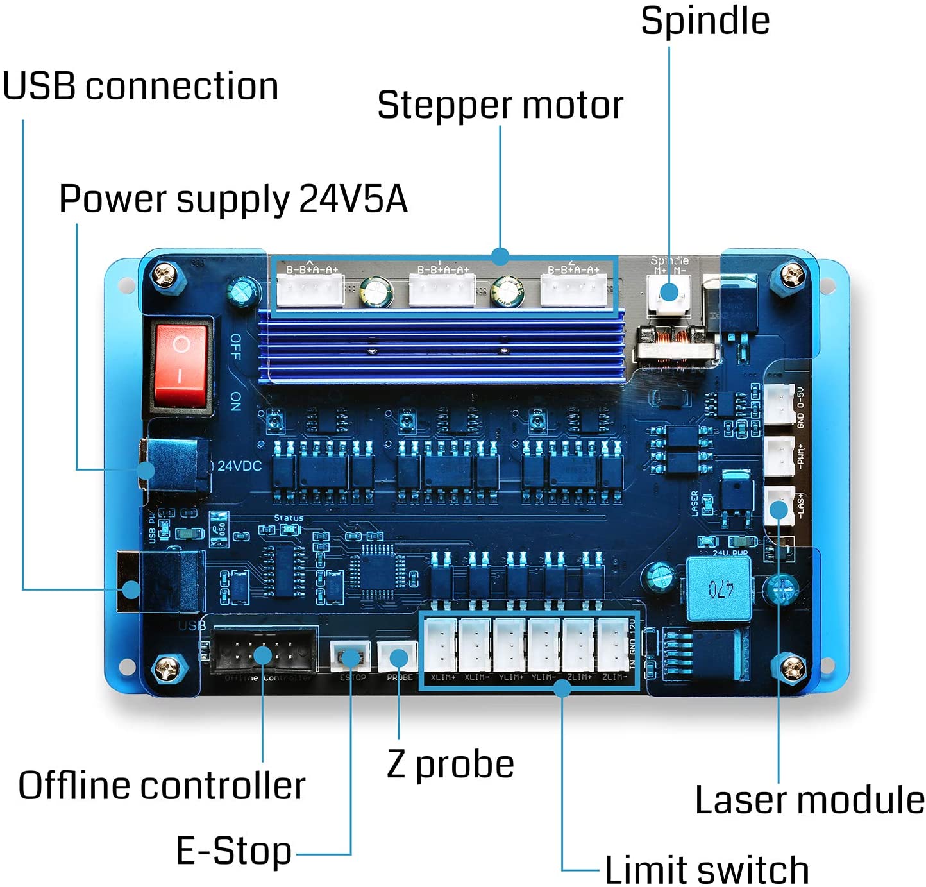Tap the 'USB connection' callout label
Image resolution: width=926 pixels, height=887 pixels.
[x=140, y=87]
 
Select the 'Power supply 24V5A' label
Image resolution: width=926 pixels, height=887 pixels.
[x=233, y=199]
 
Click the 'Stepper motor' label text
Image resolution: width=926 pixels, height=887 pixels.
[x=500, y=105]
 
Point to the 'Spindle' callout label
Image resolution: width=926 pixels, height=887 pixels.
[x=705, y=21]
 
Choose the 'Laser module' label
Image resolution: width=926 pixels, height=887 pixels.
[x=809, y=800]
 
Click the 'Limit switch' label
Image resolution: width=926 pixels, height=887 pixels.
[x=706, y=870]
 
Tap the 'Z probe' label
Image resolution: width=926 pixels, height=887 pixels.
[x=450, y=765]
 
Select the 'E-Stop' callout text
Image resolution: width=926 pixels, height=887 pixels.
[x=233, y=851]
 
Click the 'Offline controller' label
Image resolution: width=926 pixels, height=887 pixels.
[x=162, y=786]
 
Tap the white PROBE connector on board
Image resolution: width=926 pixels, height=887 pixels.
[x=398, y=657]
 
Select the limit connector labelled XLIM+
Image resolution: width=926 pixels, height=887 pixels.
[x=441, y=645]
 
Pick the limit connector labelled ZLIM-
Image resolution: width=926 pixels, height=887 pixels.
[x=613, y=645]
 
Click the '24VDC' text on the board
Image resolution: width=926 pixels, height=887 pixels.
[x=239, y=466]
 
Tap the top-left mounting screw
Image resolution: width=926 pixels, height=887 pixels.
[x=165, y=275]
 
